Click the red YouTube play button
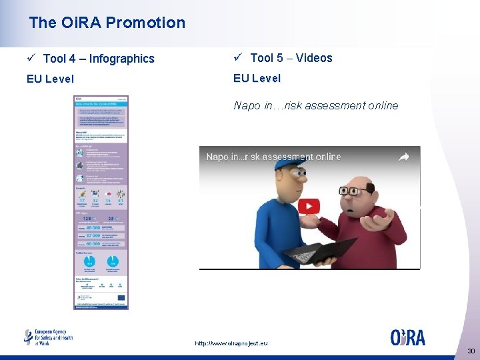click(x=308, y=207)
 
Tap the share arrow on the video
click(x=404, y=157)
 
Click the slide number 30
click(x=471, y=351)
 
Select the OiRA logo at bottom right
click(x=407, y=337)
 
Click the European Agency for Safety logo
click(x=48, y=337)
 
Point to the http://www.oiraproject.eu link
click(x=231, y=343)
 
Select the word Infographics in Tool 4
click(x=121, y=59)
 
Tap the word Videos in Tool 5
click(x=314, y=58)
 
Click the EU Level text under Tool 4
click(x=50, y=79)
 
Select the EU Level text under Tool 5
click(x=257, y=78)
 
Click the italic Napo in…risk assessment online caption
click(x=315, y=105)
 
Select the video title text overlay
click(x=273, y=157)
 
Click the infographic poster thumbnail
click(x=101, y=202)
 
